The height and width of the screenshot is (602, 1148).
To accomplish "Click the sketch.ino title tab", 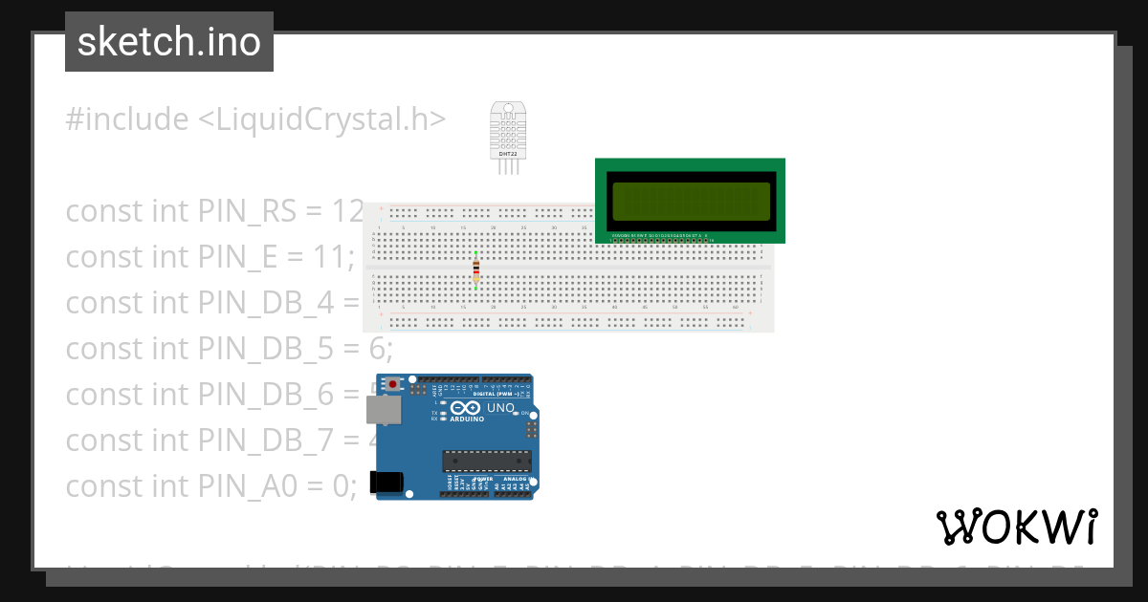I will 168,42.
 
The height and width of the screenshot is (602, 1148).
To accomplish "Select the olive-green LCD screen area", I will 690,201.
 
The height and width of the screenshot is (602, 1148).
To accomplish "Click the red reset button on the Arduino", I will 392,384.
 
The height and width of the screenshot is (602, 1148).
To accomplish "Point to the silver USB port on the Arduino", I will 384,410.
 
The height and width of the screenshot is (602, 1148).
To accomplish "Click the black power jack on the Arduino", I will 386,483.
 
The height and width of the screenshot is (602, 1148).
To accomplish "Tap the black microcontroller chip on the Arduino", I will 486,461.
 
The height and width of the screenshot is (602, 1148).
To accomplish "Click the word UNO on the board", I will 501,408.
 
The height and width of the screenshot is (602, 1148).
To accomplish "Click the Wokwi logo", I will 1016,527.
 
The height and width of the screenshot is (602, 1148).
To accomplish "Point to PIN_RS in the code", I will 248,211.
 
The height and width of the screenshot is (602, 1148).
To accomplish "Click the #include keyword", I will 127,119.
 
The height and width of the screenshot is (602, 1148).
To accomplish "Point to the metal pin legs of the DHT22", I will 507,166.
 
